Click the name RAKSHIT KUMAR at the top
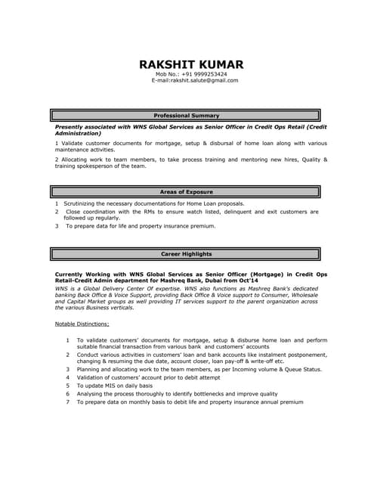coord(191,64)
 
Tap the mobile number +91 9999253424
coord(202,74)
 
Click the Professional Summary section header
coord(187,116)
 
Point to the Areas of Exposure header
coord(187,192)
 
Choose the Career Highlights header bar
coord(187,254)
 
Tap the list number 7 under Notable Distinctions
coord(68,402)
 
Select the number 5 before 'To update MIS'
coord(68,385)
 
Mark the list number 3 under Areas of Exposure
coord(57,225)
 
